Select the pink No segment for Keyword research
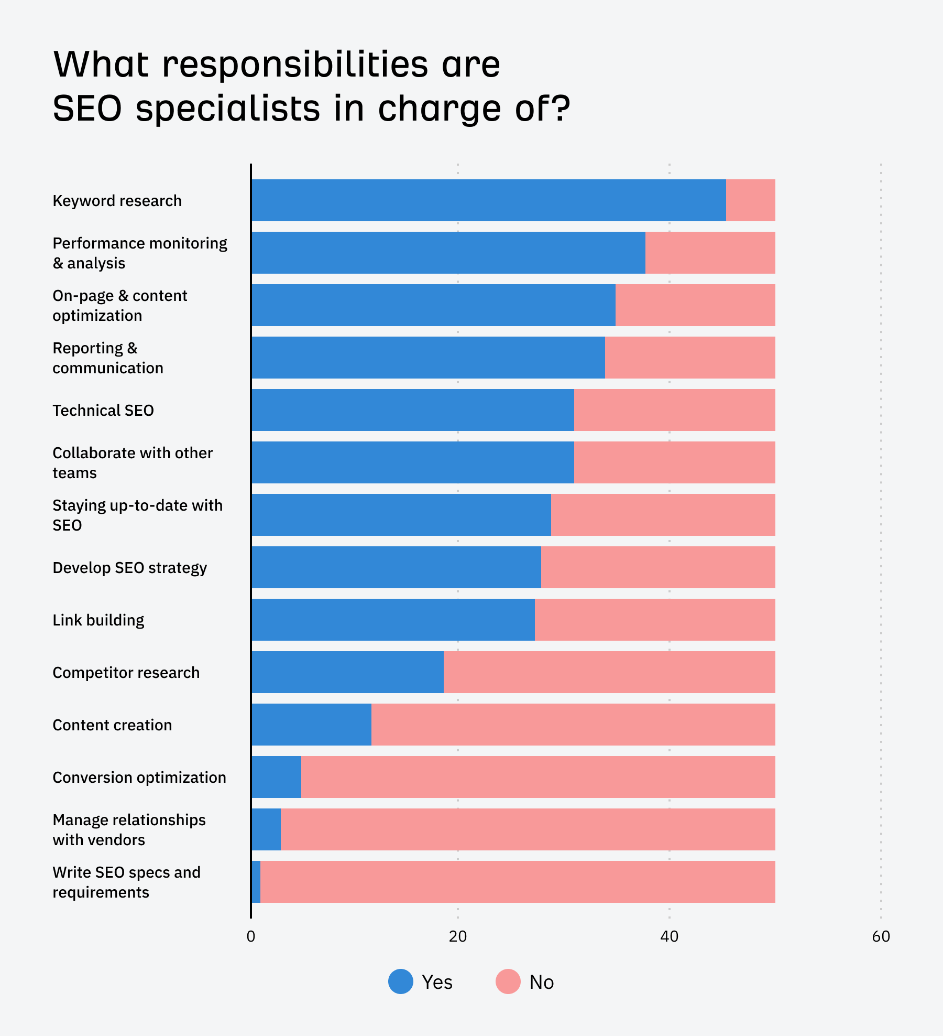750,200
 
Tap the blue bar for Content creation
311,725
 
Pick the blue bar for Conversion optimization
276,777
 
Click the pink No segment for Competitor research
609,672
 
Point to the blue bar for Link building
393,620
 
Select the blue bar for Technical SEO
412,410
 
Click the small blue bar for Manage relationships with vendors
266,829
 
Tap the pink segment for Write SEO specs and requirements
518,882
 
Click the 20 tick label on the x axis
457,936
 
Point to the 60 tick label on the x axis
881,936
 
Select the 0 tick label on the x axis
251,936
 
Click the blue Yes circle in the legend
401,981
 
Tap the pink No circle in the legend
508,981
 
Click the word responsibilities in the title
295,65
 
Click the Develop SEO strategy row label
129,568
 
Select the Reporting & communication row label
107,358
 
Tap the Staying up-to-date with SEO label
137,515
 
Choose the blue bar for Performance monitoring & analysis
448,253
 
